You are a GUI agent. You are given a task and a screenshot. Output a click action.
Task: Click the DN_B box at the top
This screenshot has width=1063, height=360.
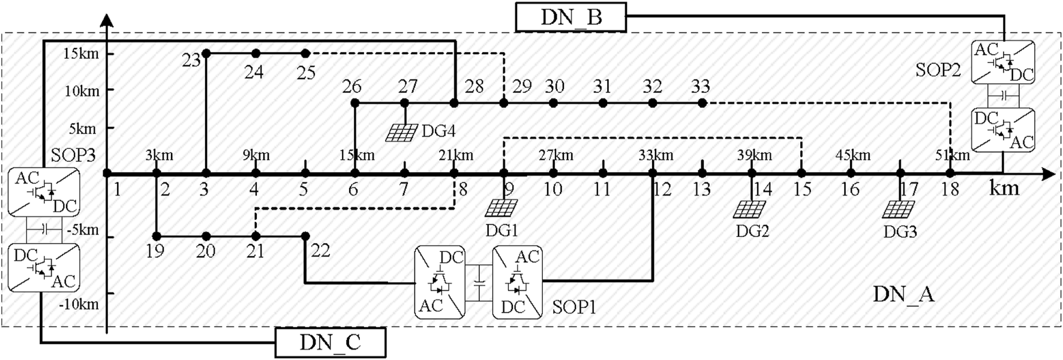click(570, 17)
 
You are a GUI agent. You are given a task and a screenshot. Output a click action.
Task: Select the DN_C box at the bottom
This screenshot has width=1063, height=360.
click(330, 343)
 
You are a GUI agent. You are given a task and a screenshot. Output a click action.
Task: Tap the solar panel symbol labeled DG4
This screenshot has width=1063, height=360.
click(401, 132)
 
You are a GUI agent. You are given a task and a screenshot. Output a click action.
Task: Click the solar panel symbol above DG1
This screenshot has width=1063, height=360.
click(501, 208)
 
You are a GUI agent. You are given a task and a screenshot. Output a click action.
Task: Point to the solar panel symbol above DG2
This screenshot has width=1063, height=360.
click(749, 209)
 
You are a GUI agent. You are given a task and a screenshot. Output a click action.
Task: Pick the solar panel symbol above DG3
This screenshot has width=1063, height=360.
click(899, 209)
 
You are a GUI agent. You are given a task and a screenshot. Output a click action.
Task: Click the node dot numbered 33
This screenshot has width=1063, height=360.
click(702, 103)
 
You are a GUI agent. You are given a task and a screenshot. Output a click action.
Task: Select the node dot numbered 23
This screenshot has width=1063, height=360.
click(206, 53)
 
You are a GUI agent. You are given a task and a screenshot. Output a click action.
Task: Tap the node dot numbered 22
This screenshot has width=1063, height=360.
click(305, 236)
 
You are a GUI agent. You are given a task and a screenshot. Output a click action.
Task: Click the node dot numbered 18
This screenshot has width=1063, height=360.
click(950, 173)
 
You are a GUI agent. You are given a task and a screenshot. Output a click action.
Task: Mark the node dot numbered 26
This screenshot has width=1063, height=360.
click(355, 103)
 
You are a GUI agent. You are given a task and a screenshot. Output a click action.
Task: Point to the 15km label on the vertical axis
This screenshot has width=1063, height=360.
click(80, 53)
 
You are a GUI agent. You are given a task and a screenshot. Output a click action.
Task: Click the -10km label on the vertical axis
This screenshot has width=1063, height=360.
click(79, 304)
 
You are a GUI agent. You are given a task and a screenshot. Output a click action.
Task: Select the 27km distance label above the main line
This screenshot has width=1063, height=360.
click(555, 155)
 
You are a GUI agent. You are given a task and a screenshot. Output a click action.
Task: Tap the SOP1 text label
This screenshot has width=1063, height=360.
click(574, 307)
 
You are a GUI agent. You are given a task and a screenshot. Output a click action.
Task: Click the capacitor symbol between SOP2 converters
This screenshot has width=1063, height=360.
click(1003, 96)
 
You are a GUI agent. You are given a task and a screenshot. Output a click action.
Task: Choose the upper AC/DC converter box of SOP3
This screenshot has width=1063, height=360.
click(44, 192)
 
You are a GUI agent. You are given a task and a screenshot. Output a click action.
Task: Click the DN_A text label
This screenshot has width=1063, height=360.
click(903, 294)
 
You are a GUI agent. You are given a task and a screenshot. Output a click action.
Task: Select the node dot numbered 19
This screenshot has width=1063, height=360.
click(156, 236)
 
